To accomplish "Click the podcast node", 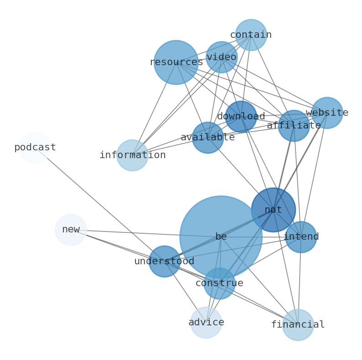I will tap(35, 148).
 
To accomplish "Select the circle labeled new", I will tap(71, 230).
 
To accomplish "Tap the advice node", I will tap(206, 323).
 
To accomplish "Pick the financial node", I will tap(298, 325).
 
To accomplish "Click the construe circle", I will tap(219, 283).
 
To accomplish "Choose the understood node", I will tap(165, 262).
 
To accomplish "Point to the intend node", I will tap(301, 237).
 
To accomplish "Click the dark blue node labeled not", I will tap(274, 210).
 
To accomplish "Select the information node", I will tap(132, 155).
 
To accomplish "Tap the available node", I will tap(208, 138).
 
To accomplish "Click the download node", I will tap(241, 117).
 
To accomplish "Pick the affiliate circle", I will tap(294, 126).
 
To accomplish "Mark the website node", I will tap(327, 113).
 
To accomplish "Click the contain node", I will tap(251, 35).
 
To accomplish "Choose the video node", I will tap(222, 57).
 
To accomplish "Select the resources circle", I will tap(176, 62).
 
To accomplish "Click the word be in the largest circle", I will tap(221, 237).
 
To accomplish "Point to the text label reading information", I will tap(133, 155).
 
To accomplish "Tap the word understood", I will tap(164, 262).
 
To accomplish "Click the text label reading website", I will tap(327, 113).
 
